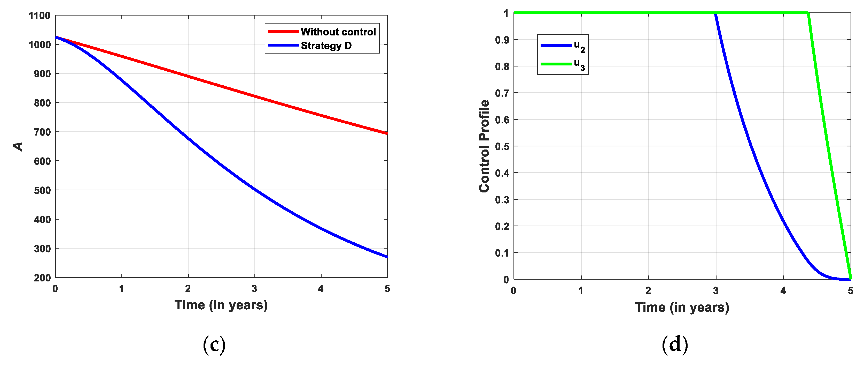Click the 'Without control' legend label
click(x=338, y=32)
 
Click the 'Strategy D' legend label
click(x=326, y=46)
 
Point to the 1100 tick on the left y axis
click(x=40, y=16)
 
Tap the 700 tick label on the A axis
click(x=42, y=132)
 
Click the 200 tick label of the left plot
click(x=42, y=278)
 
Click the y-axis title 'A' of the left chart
click(x=18, y=146)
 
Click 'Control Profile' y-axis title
click(x=484, y=146)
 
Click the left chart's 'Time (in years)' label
click(x=221, y=305)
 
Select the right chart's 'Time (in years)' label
click(x=682, y=307)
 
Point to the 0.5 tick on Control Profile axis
click(x=502, y=146)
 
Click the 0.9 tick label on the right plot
click(x=502, y=40)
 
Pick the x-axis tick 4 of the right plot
click(x=783, y=290)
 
